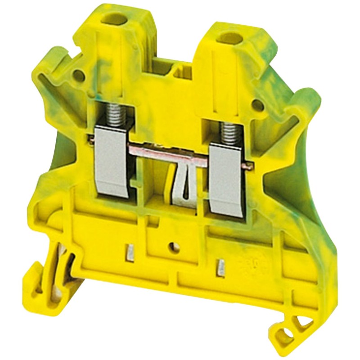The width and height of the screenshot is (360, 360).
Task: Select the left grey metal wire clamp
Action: [x=113, y=162]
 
